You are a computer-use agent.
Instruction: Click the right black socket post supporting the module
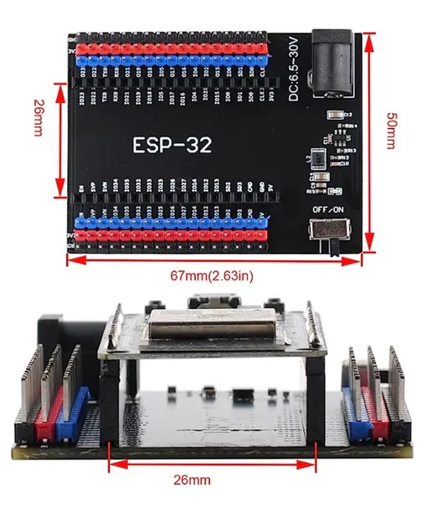click(316, 394)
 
